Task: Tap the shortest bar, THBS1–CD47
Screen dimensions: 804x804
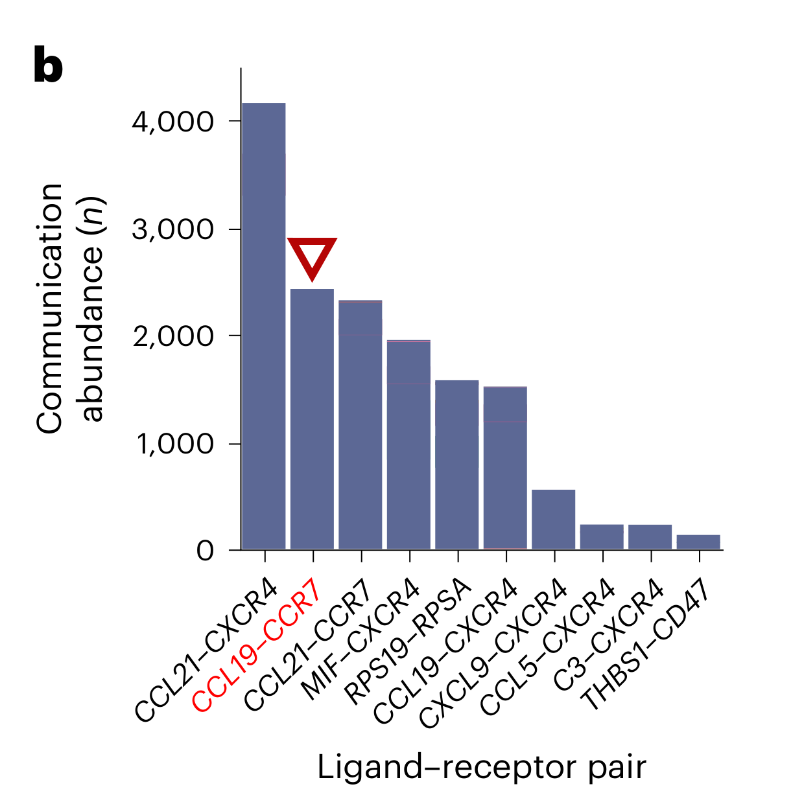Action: click(698, 542)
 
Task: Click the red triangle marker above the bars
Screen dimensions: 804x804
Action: click(312, 256)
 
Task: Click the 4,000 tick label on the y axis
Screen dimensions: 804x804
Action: click(172, 121)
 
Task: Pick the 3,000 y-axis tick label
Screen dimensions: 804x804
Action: click(172, 229)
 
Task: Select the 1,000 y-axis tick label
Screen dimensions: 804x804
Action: click(174, 444)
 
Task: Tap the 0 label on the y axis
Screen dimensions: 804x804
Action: click(205, 551)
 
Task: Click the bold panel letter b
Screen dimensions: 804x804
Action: click(48, 65)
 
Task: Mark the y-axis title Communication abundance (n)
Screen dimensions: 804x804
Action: click(70, 308)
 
